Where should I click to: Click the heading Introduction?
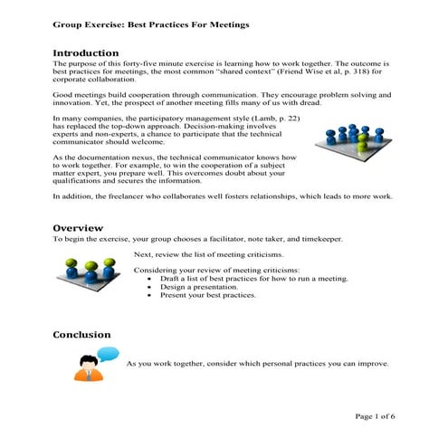(x=86, y=52)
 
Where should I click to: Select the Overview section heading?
(x=78, y=227)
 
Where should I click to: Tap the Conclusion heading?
(x=81, y=335)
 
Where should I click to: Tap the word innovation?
(x=75, y=103)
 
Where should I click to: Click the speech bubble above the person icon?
(x=108, y=352)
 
